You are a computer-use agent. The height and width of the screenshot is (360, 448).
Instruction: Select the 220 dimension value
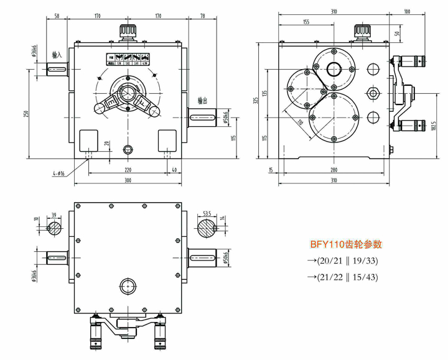128,169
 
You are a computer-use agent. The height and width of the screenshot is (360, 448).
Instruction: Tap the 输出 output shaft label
201,100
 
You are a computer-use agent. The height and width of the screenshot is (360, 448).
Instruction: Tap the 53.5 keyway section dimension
207,213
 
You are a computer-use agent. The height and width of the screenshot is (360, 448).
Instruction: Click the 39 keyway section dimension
54,213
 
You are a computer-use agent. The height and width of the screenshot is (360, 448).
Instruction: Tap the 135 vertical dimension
264,93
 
